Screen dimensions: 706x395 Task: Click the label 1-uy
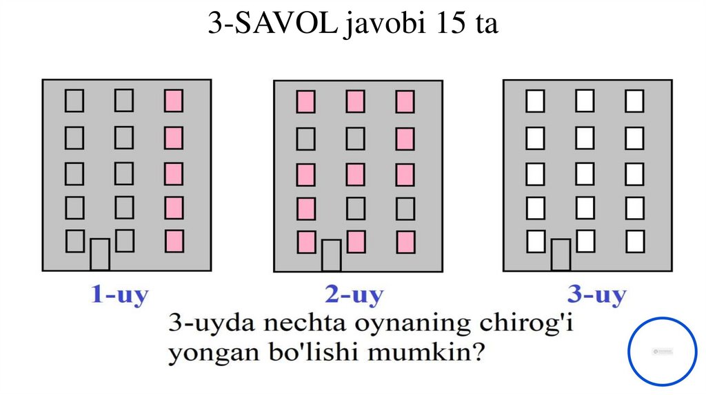[x=120, y=296]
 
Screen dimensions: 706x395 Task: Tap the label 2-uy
[x=354, y=296]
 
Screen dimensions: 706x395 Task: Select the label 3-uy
[x=597, y=296]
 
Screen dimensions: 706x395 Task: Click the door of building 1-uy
[x=100, y=254]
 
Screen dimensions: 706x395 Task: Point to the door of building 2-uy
[x=331, y=255]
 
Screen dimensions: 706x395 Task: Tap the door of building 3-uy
[x=561, y=255]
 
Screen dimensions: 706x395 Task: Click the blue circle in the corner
[x=663, y=352]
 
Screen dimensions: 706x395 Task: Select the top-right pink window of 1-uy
[x=174, y=101]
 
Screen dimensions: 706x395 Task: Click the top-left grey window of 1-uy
[x=74, y=101]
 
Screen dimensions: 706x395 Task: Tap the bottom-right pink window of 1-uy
[x=174, y=241]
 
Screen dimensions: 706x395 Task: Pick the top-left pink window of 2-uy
[x=306, y=102]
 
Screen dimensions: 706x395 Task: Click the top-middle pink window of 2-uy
[x=356, y=102]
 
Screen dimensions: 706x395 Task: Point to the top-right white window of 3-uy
[x=634, y=101]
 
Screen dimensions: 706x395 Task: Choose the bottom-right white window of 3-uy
[x=634, y=242]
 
